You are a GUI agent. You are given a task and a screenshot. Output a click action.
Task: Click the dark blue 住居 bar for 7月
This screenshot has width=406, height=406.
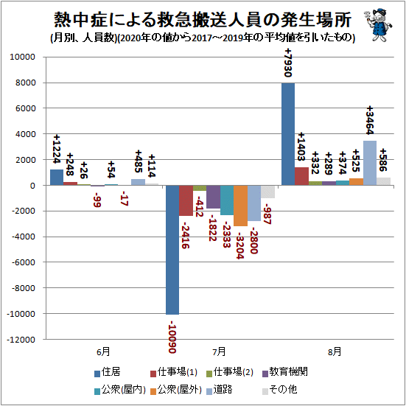tap(172, 250)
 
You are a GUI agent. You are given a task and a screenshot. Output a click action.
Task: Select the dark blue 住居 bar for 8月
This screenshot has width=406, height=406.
tap(288, 134)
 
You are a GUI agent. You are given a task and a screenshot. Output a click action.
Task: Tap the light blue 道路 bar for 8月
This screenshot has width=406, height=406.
tap(370, 163)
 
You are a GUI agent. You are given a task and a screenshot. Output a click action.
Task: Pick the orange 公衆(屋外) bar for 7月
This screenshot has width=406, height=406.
tap(240, 206)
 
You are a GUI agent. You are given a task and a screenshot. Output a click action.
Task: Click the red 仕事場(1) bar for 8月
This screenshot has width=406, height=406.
tap(301, 176)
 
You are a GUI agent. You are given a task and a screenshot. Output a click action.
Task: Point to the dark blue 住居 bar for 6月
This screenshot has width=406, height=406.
tap(57, 178)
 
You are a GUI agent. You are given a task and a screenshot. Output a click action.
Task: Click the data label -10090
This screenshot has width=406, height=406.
tap(172, 337)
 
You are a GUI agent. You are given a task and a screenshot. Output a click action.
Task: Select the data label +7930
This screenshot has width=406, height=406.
tap(288, 63)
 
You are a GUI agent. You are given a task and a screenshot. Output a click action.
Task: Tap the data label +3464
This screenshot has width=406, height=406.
tap(370, 120)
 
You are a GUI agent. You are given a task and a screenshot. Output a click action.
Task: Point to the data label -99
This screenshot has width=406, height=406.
tap(97, 200)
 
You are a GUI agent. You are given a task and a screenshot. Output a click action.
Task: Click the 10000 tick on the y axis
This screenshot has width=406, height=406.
tap(22, 57)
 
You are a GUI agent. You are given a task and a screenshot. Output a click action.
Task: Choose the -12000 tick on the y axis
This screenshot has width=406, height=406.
tap(21, 340)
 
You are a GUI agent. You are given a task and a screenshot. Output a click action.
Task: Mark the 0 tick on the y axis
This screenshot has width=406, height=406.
tap(32, 186)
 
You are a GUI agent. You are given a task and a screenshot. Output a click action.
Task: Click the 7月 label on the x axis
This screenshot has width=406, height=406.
tap(219, 352)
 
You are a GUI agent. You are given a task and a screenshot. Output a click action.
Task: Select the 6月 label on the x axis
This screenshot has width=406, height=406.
tap(103, 352)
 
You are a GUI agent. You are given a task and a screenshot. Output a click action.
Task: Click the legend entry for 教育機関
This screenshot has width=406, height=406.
tap(285, 372)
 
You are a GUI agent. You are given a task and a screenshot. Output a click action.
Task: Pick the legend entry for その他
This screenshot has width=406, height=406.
tap(279, 390)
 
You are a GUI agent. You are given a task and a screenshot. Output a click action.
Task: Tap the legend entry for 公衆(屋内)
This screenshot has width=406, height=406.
tap(120, 390)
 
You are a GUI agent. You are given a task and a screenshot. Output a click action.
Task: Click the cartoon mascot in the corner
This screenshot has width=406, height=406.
tap(378, 24)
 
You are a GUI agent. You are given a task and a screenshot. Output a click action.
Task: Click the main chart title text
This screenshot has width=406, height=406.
tap(203, 20)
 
